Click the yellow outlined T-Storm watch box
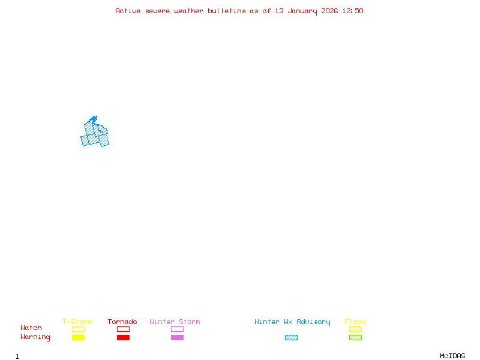coord(78,329)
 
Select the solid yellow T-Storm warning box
coord(78,337)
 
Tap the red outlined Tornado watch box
coord(123,329)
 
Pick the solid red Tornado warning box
coord(123,337)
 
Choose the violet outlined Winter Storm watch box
coord(177,329)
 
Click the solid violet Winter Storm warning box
coord(177,337)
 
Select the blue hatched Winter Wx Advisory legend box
coord(291,337)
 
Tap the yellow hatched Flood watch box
coord(355,329)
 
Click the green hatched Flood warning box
coord(355,337)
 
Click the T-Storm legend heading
coord(77,322)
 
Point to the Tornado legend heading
coord(122,322)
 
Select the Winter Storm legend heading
coord(175,322)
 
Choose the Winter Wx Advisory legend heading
coord(292,322)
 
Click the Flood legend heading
coord(355,322)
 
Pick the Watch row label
coord(31,328)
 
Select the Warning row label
coord(35,337)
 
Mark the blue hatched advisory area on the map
coord(94,135)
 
